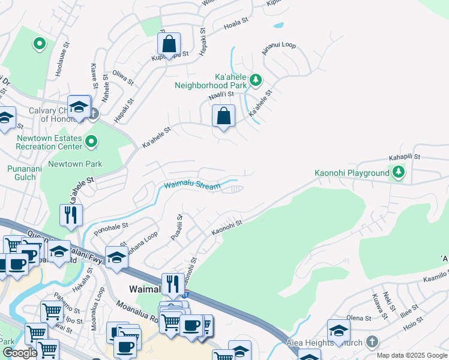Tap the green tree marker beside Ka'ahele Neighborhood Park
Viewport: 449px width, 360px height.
pos(255,79)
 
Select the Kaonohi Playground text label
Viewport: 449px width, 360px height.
pos(352,173)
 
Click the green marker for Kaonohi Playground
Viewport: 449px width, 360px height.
pos(398,173)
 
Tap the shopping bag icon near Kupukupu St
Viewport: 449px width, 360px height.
pos(169,44)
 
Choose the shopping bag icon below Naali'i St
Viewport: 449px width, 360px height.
pos(223,116)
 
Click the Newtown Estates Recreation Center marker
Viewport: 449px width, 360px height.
pos(91,142)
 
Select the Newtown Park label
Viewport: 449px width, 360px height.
pos(75,164)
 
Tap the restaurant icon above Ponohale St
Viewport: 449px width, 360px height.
pos(71,215)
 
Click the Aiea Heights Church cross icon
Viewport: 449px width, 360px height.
pos(372,342)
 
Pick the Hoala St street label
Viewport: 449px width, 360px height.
pos(235,22)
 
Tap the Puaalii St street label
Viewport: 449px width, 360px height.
pos(176,229)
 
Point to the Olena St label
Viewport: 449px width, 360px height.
pos(359,317)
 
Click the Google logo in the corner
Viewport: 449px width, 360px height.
pos(20,353)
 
